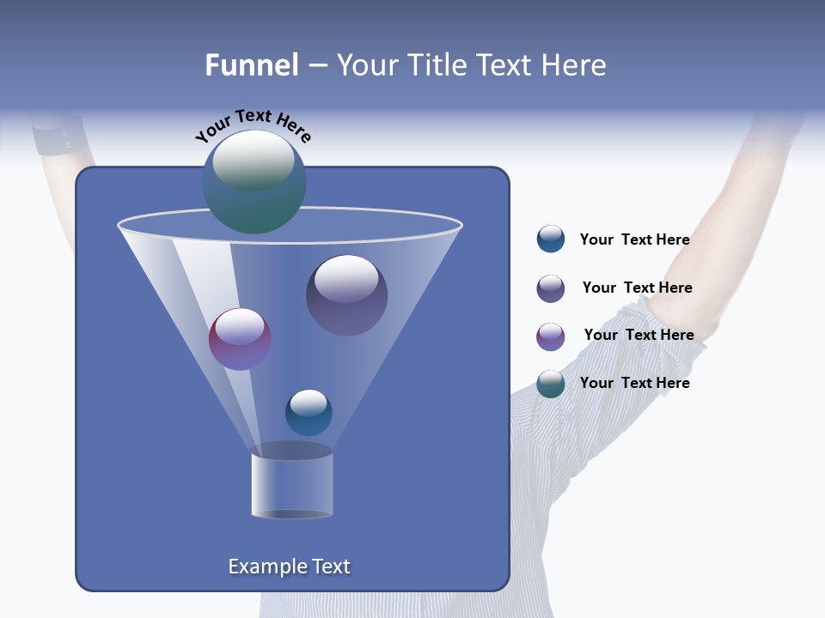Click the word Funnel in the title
tap(251, 65)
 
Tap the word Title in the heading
tap(438, 65)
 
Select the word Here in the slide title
tap(575, 65)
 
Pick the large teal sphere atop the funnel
tap(254, 182)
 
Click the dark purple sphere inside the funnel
tap(346, 294)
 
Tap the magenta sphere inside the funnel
tap(240, 339)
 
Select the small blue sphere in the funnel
tap(309, 412)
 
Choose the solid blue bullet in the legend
tap(550, 239)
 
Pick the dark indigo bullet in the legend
tap(550, 288)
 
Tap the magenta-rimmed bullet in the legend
tap(550, 336)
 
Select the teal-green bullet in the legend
tap(550, 384)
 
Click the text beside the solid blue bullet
tap(634, 239)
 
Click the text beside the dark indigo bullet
tap(637, 288)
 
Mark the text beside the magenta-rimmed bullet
tap(639, 335)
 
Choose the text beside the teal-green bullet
tap(634, 383)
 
